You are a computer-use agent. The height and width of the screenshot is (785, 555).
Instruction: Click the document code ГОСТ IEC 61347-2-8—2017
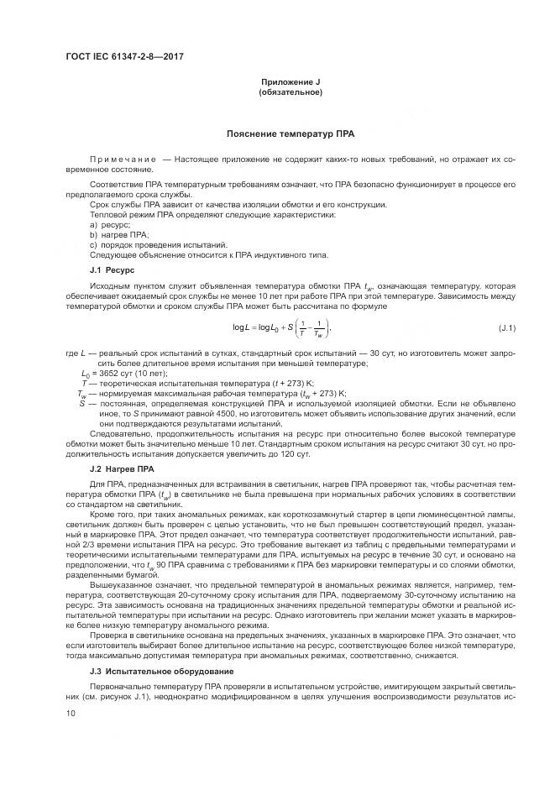point(124,56)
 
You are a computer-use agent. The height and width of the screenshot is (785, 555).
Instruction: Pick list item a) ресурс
point(110,226)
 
